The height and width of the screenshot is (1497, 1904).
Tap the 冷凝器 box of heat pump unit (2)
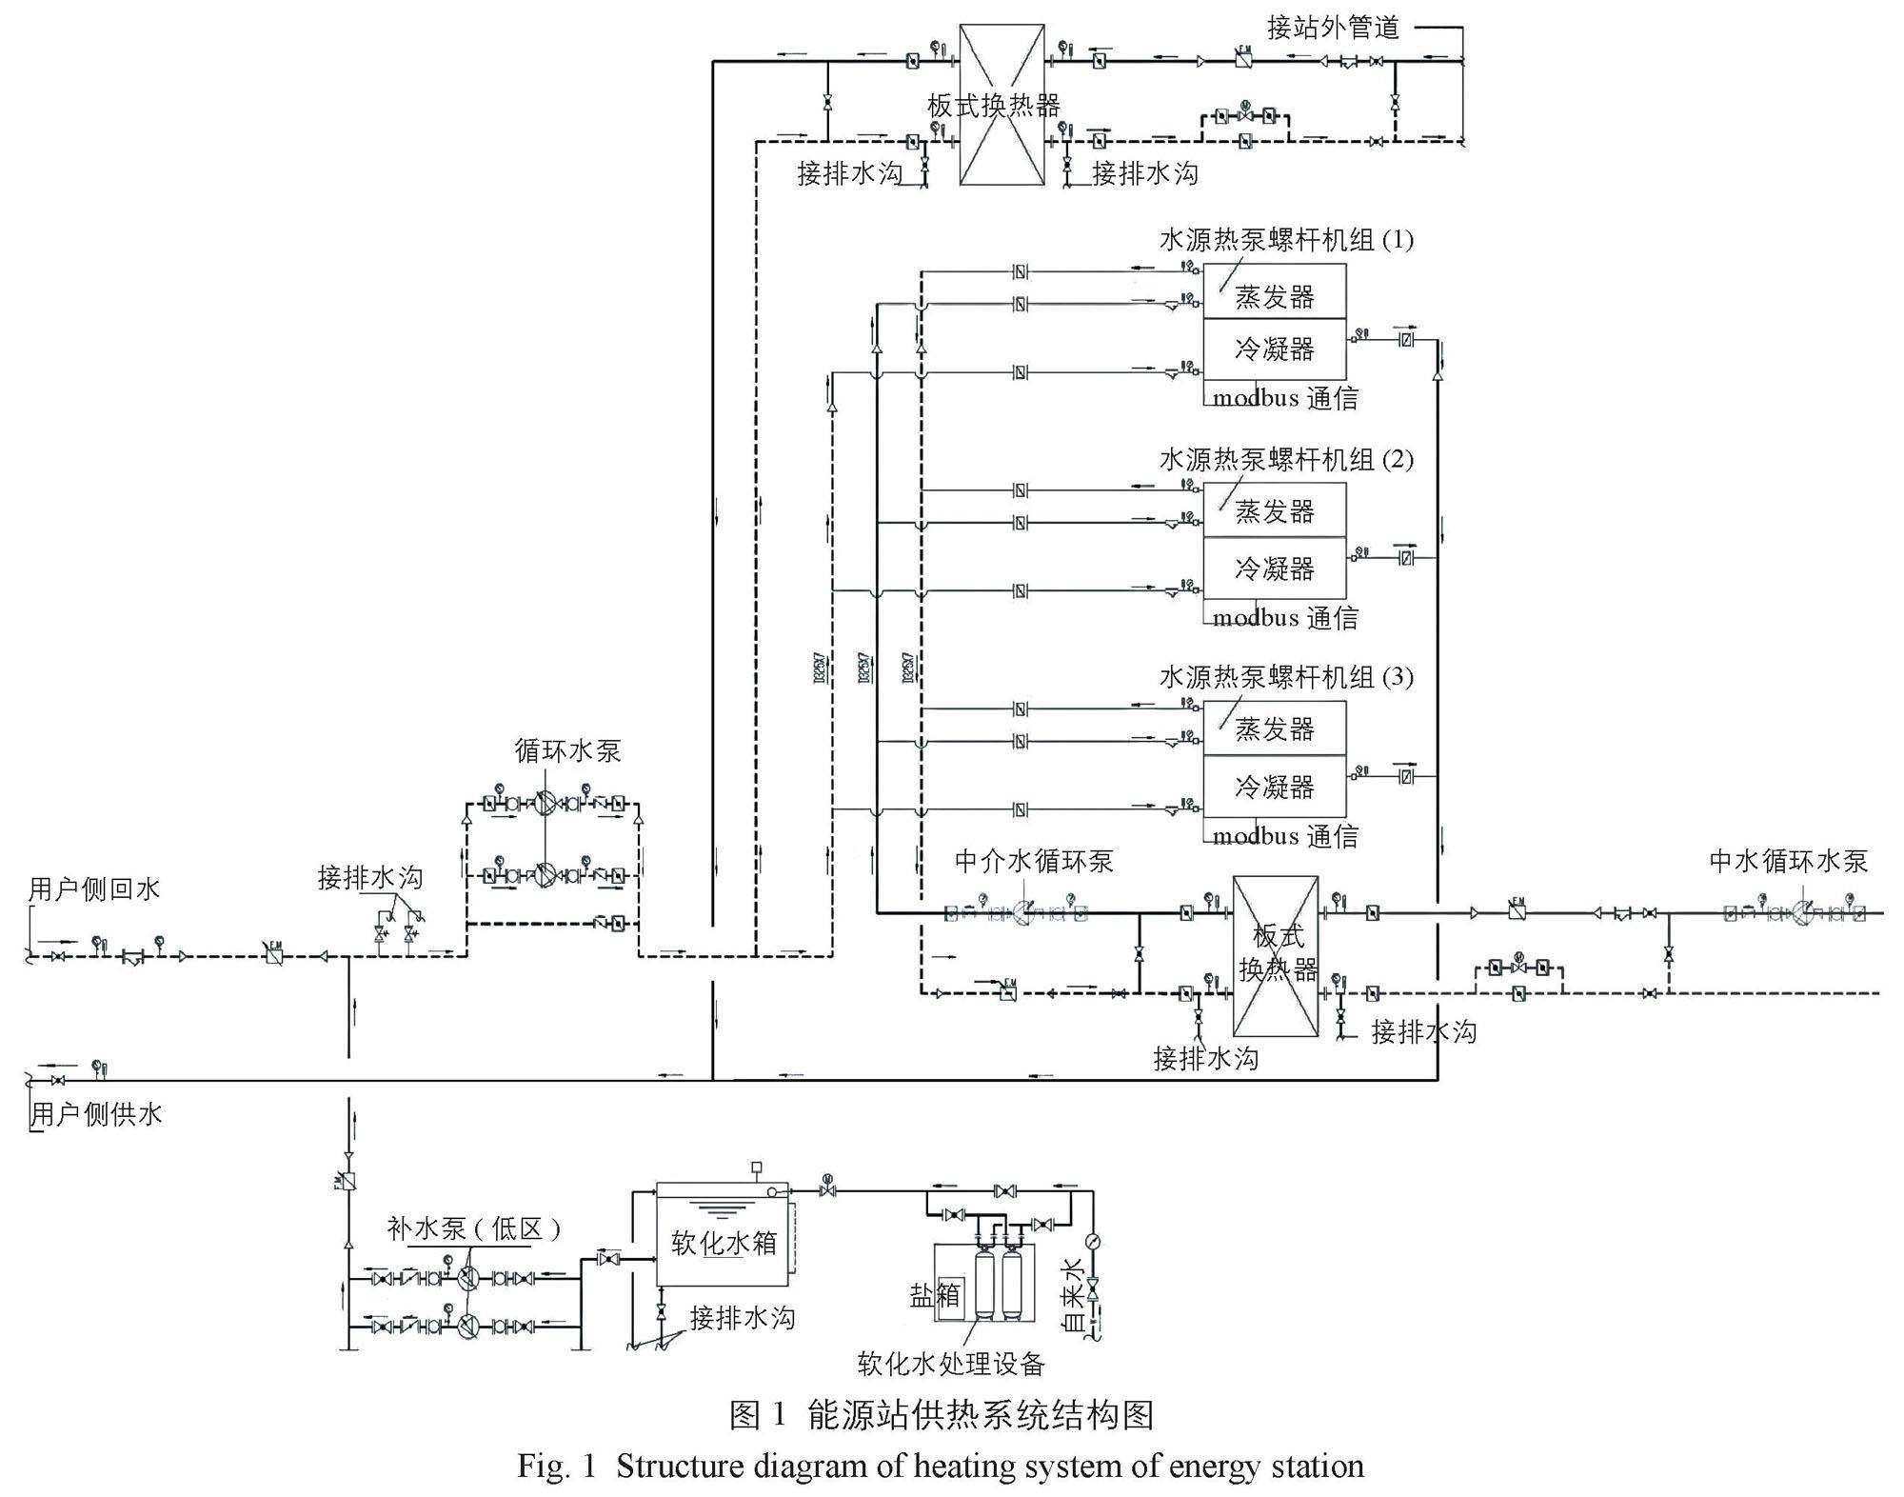click(1274, 568)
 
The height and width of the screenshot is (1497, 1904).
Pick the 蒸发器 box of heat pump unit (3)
click(1274, 729)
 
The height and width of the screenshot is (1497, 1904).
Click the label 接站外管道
click(1333, 29)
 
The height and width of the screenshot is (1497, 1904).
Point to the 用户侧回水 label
click(94, 889)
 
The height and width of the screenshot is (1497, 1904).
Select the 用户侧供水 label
click(96, 1114)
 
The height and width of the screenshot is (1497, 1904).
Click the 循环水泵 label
click(567, 750)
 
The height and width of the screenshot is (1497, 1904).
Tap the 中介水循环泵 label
click(1033, 862)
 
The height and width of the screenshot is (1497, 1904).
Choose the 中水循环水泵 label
click(1788, 862)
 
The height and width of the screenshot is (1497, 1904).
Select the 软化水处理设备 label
click(951, 1364)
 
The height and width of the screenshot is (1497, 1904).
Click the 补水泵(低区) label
click(473, 1228)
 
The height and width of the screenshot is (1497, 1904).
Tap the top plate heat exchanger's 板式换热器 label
click(993, 105)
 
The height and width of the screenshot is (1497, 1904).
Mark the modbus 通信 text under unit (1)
click(1285, 398)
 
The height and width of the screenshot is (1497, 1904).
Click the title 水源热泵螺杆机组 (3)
click(1285, 678)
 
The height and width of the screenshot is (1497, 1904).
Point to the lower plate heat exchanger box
click(1276, 956)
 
